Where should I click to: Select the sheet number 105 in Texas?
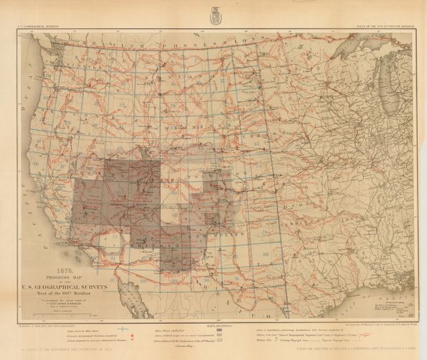click(x=264, y=253)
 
